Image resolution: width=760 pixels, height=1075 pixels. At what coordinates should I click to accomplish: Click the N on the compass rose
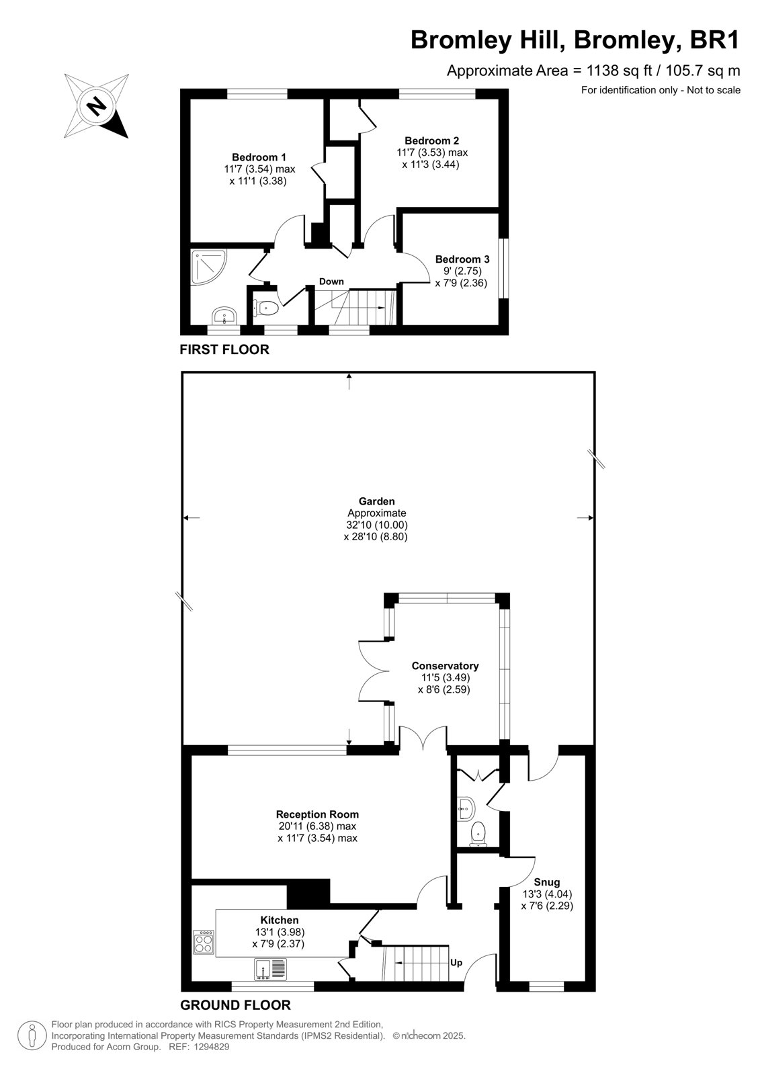(x=97, y=105)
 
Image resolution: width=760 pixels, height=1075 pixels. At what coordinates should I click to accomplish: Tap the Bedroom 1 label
(x=259, y=157)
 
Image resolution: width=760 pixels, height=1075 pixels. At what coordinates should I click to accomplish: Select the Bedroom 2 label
(x=431, y=140)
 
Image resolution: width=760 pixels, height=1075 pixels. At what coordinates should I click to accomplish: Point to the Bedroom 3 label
(x=462, y=259)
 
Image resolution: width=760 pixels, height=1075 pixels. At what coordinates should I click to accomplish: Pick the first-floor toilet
(x=265, y=308)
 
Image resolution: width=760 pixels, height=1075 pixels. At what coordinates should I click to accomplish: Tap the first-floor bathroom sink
(x=224, y=316)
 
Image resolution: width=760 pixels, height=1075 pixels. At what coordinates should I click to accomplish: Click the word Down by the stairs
(x=331, y=282)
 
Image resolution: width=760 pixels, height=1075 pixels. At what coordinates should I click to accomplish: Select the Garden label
(x=377, y=501)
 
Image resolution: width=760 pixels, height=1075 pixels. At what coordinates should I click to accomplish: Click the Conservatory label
(x=445, y=666)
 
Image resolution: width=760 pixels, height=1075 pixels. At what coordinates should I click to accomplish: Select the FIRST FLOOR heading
(x=224, y=349)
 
